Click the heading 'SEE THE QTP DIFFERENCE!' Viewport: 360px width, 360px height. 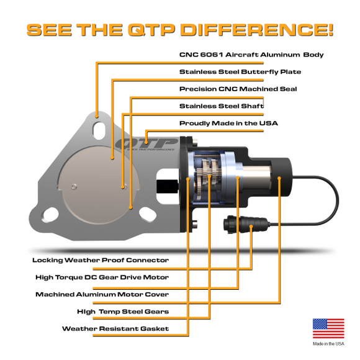(180, 29)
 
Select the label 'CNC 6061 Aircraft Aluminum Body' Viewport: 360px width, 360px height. (251, 55)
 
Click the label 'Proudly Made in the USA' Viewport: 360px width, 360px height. (228, 123)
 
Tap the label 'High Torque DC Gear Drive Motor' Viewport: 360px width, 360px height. (102, 277)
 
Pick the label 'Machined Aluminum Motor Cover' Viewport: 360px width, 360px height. (102, 294)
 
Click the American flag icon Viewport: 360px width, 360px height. (328, 328)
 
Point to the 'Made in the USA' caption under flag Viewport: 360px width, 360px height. (328, 343)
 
